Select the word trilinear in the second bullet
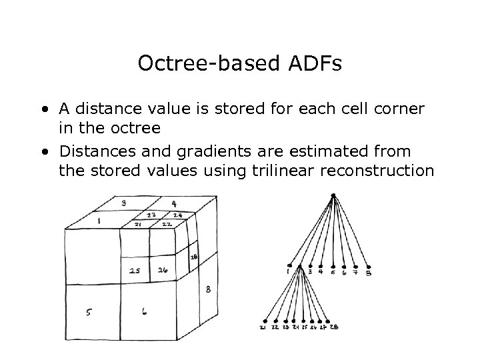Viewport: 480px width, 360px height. (x=279, y=171)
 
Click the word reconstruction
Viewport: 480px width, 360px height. (x=377, y=171)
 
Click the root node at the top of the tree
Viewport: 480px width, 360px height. (x=333, y=195)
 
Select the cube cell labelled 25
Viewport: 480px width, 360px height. (x=134, y=271)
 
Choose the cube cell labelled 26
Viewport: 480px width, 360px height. (x=163, y=271)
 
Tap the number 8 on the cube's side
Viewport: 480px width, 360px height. (x=209, y=289)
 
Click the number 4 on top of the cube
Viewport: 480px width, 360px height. (x=174, y=203)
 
